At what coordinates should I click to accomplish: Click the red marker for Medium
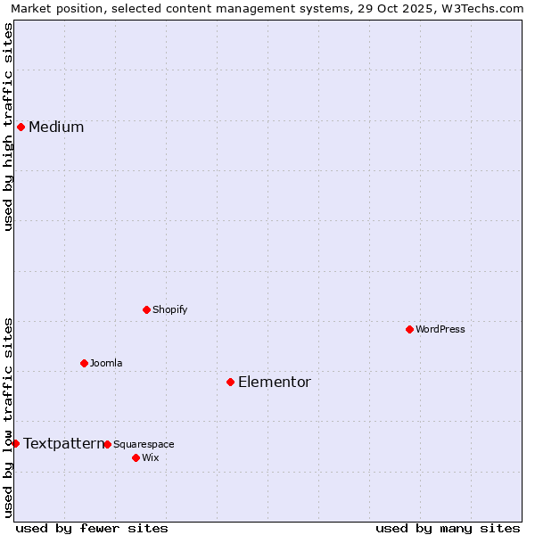click(x=21, y=127)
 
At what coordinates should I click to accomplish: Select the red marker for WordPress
click(x=409, y=329)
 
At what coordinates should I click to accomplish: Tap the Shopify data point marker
click(x=146, y=309)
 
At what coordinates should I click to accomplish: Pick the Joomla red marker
click(x=84, y=363)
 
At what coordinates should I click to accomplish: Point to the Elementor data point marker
click(x=230, y=382)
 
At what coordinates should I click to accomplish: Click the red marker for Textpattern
click(x=15, y=443)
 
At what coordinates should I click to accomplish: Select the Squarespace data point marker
click(x=107, y=444)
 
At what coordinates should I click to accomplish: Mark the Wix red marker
click(x=136, y=457)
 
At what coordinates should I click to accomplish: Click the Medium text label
click(x=56, y=127)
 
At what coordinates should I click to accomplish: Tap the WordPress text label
click(x=440, y=329)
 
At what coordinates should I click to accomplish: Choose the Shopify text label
click(x=170, y=309)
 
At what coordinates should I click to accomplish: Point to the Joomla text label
click(x=106, y=363)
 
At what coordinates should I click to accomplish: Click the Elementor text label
click(x=275, y=382)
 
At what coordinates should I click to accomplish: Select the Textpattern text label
click(x=63, y=443)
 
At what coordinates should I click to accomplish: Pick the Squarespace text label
click(x=144, y=444)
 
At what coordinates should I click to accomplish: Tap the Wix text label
click(x=151, y=457)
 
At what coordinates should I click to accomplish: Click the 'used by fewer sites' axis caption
click(x=92, y=528)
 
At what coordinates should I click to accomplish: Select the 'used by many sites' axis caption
click(x=448, y=528)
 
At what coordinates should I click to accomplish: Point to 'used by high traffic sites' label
click(x=8, y=127)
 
